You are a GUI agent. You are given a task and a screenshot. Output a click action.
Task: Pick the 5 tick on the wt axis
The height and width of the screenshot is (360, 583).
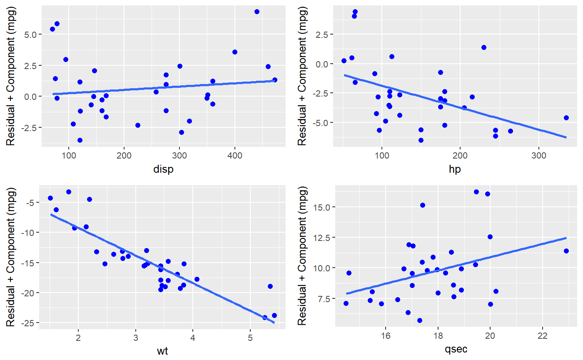[250, 336]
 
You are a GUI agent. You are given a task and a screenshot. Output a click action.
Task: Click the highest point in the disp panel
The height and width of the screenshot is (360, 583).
[257, 12]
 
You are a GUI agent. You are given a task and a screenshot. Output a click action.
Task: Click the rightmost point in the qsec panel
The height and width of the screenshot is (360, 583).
[566, 251]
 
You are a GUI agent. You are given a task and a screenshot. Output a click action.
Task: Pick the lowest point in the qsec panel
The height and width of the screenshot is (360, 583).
[420, 320]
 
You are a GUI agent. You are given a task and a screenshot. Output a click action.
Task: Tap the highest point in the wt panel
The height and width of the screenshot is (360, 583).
[69, 192]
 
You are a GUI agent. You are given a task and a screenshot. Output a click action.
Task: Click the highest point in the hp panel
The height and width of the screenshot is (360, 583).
[355, 12]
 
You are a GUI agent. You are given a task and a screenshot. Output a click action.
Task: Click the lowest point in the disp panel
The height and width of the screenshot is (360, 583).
[80, 140]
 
